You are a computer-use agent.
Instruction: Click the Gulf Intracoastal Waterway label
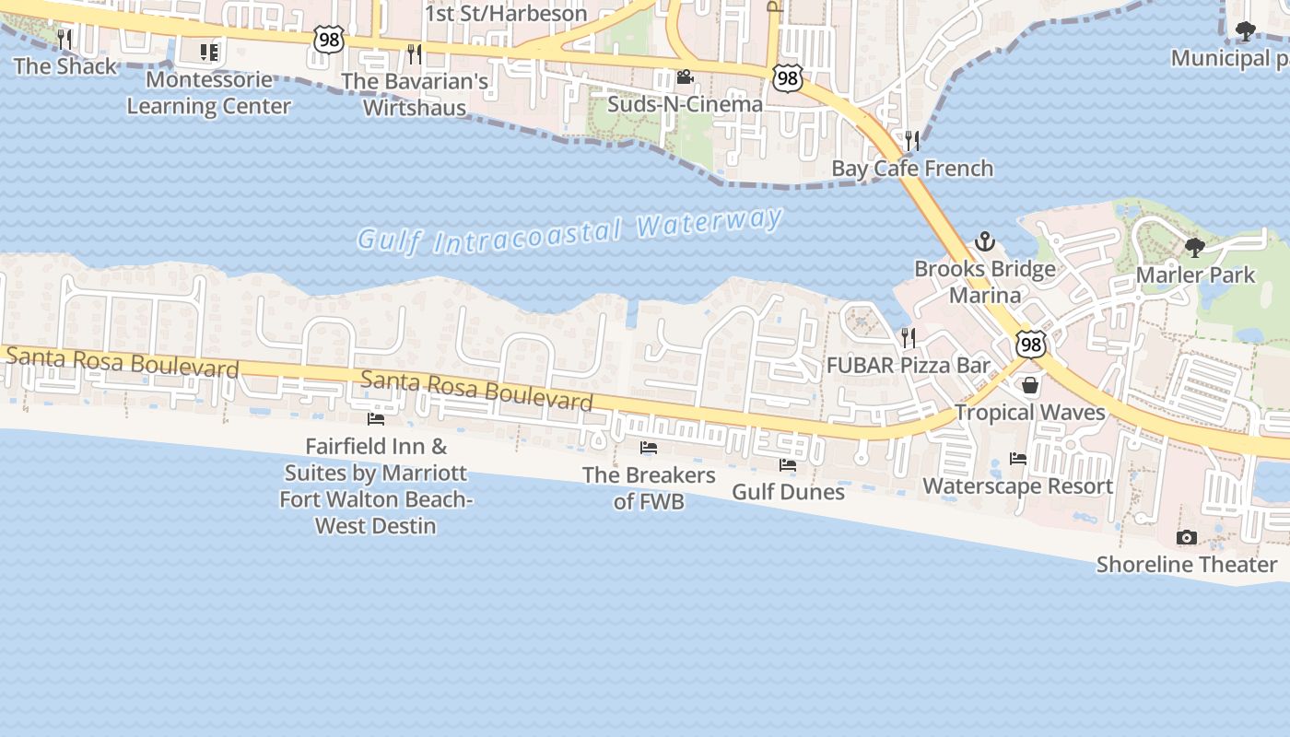(570, 231)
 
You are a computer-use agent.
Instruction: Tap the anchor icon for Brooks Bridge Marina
(985, 242)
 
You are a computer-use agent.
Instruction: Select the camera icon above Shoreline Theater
(1187, 537)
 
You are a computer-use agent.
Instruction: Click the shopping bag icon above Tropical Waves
(1030, 385)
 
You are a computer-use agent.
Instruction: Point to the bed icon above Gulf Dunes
(788, 465)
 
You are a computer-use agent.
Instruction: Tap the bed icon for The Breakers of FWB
(649, 448)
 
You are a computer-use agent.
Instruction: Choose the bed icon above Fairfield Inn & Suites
(376, 419)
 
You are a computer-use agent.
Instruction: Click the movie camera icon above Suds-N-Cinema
(685, 76)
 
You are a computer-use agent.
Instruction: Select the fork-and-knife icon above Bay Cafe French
(912, 140)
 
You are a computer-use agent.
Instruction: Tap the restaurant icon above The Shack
(64, 39)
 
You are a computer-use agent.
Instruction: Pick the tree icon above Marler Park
(1195, 247)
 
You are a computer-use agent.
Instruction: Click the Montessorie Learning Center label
(208, 93)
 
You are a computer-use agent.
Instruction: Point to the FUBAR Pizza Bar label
(909, 365)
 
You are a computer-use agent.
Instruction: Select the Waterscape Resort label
(1018, 485)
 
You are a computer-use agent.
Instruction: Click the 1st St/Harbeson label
(506, 14)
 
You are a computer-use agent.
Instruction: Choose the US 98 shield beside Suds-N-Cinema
(787, 77)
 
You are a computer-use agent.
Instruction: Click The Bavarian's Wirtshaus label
(415, 94)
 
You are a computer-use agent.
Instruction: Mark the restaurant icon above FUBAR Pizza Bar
(909, 337)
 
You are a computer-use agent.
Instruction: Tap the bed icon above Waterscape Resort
(1018, 458)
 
